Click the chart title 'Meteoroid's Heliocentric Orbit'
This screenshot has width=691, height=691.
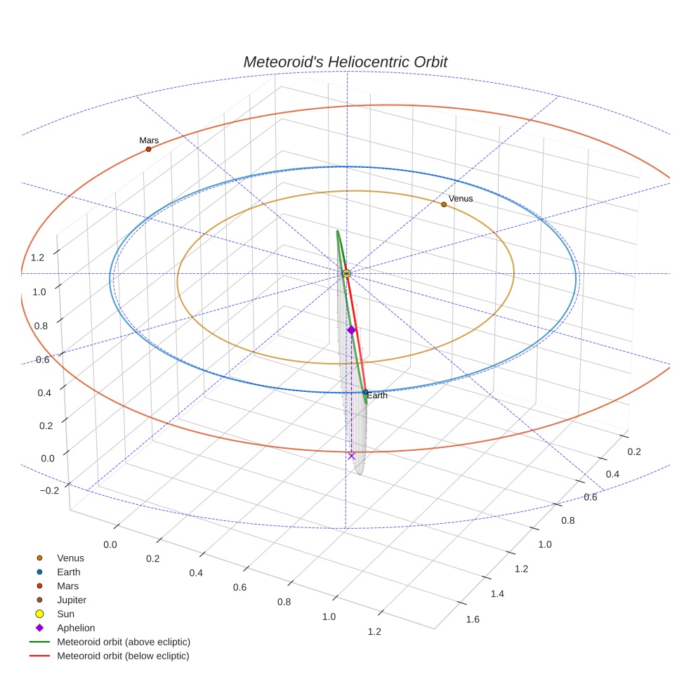[345, 62]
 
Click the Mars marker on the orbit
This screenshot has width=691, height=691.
[148, 149]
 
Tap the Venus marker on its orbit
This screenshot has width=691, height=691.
[444, 204]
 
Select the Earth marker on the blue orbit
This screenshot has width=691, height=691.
[366, 392]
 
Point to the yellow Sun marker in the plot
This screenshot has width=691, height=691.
[346, 273]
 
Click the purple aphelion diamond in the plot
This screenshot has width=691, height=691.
[352, 329]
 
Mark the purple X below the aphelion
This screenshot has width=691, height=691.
[352, 456]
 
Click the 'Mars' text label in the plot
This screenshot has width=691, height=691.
[149, 140]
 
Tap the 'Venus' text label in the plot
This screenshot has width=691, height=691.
[461, 199]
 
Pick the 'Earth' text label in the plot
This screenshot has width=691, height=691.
[377, 396]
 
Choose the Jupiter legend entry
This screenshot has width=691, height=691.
[72, 600]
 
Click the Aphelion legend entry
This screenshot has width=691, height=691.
[76, 628]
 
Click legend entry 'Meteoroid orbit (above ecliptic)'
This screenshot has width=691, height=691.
[124, 642]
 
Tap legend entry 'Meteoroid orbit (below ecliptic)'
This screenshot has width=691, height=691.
[123, 656]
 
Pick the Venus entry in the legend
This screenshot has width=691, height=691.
[70, 558]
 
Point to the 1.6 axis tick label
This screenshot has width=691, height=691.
[473, 619]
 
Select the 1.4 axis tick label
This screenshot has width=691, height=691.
[496, 594]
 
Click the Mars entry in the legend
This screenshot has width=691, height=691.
[67, 586]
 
